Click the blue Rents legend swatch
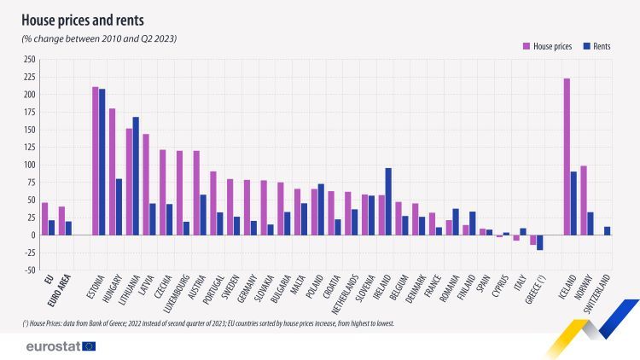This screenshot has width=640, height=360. click(586, 46)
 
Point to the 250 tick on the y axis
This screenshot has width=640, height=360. click(30, 59)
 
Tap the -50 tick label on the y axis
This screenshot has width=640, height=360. click(30, 270)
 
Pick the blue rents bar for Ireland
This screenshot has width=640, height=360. click(388, 201)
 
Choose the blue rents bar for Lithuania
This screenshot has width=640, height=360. click(136, 176)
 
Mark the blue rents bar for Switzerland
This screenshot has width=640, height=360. click(607, 230)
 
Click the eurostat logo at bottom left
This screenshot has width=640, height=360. click(61, 345)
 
